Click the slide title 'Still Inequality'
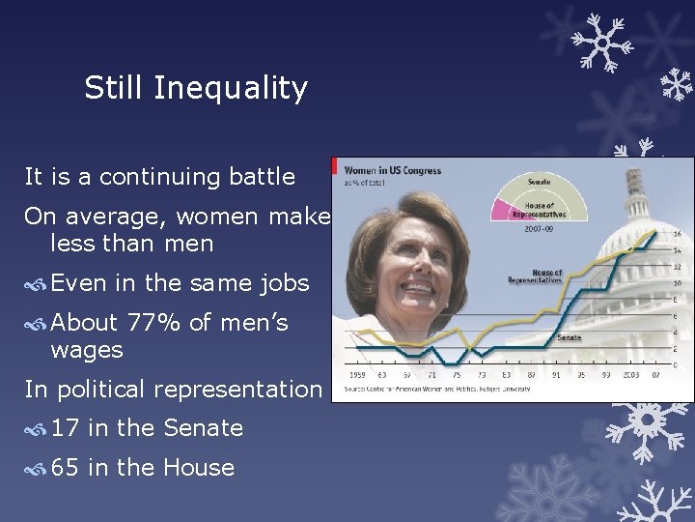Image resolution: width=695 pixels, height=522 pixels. point(196,89)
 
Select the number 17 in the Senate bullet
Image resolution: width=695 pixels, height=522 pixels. point(67,427)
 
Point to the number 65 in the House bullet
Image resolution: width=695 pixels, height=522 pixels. point(67,467)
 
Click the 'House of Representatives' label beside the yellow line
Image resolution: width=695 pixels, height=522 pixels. point(536,278)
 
